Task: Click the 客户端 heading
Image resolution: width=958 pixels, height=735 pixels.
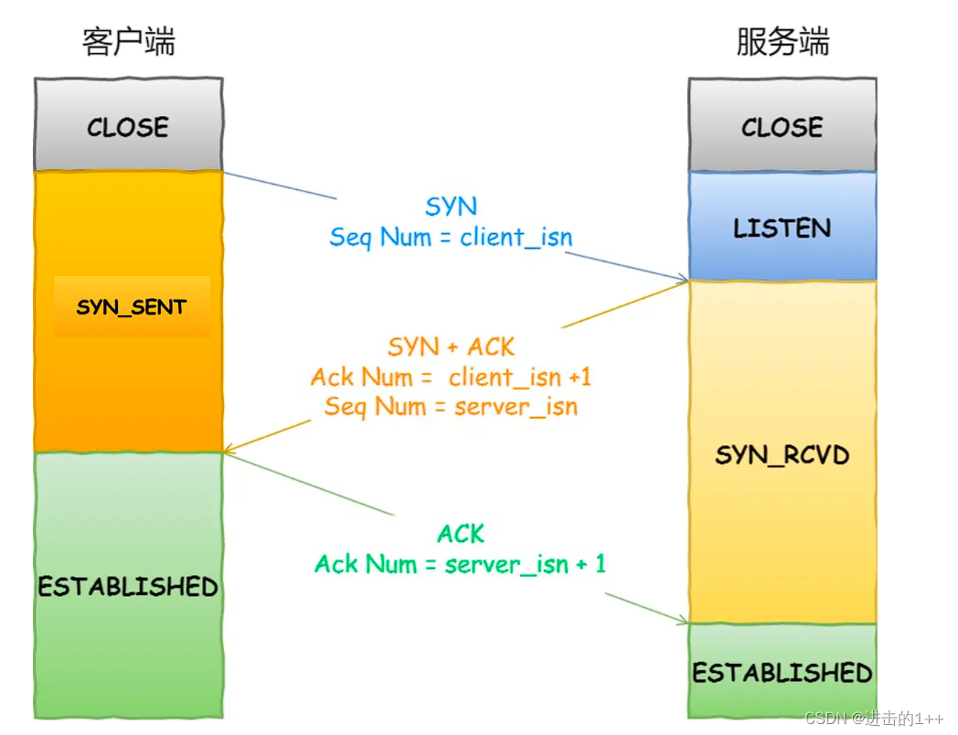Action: point(128,42)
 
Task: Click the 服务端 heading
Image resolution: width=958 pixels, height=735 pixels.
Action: point(782,42)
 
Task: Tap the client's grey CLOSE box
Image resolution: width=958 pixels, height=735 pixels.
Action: point(128,126)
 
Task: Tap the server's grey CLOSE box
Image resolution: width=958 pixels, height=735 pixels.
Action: point(782,126)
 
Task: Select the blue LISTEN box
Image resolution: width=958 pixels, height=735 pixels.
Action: point(782,227)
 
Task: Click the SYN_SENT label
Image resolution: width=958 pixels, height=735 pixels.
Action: point(132,307)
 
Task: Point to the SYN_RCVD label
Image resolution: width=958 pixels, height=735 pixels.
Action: point(782,454)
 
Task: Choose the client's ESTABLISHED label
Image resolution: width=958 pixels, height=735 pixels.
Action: point(128,586)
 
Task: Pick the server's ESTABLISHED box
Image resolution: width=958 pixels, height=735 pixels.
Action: point(782,673)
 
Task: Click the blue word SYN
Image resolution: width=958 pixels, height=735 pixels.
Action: point(452,207)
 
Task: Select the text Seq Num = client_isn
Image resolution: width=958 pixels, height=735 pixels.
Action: point(452,238)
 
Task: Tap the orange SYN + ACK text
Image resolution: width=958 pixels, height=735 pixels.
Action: point(452,347)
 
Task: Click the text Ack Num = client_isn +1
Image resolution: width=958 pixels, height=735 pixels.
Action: point(452,377)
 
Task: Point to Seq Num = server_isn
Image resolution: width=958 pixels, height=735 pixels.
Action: point(452,406)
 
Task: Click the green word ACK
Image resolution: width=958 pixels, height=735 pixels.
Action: point(461,534)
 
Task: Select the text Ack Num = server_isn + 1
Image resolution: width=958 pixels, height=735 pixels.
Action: point(461,564)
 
